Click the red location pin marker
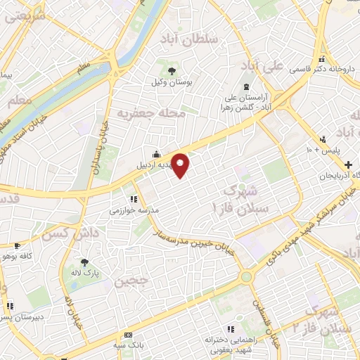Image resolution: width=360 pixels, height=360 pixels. pos(181,165)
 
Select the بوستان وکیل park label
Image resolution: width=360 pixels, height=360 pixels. pos(172,82)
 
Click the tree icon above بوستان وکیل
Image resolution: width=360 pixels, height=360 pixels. pos(172,70)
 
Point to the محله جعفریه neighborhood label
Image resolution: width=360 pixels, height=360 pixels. pos(151,112)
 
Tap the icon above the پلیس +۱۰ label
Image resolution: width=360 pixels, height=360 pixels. pos(323,139)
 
